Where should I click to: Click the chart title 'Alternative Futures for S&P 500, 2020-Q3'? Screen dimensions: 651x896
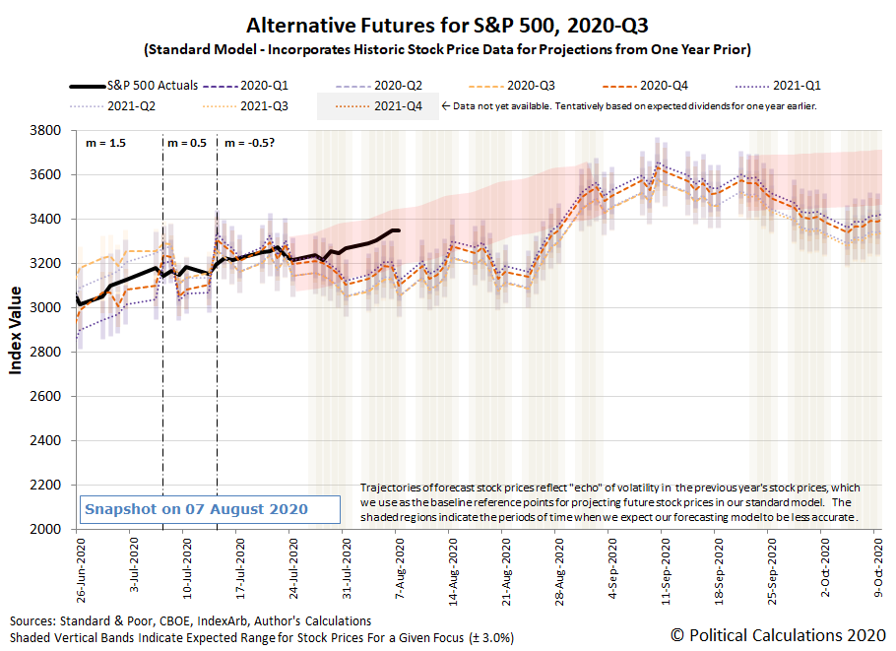click(447, 25)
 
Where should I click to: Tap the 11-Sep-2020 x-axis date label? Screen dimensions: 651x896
click(664, 566)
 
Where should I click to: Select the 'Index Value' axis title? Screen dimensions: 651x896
click(17, 329)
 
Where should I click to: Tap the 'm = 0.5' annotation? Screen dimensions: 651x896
click(187, 143)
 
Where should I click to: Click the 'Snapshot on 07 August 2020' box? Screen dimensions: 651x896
click(196, 509)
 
